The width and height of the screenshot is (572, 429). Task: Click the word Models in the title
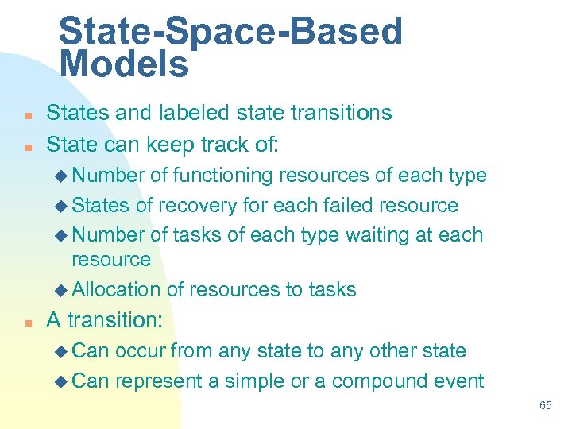tap(124, 64)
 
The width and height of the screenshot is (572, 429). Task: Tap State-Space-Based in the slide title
tap(230, 32)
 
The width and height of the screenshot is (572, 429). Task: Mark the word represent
tap(158, 381)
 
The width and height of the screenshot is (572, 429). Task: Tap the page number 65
tap(546, 405)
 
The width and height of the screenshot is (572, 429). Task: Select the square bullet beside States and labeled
tap(27, 114)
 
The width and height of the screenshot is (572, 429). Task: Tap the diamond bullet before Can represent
tap(64, 381)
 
